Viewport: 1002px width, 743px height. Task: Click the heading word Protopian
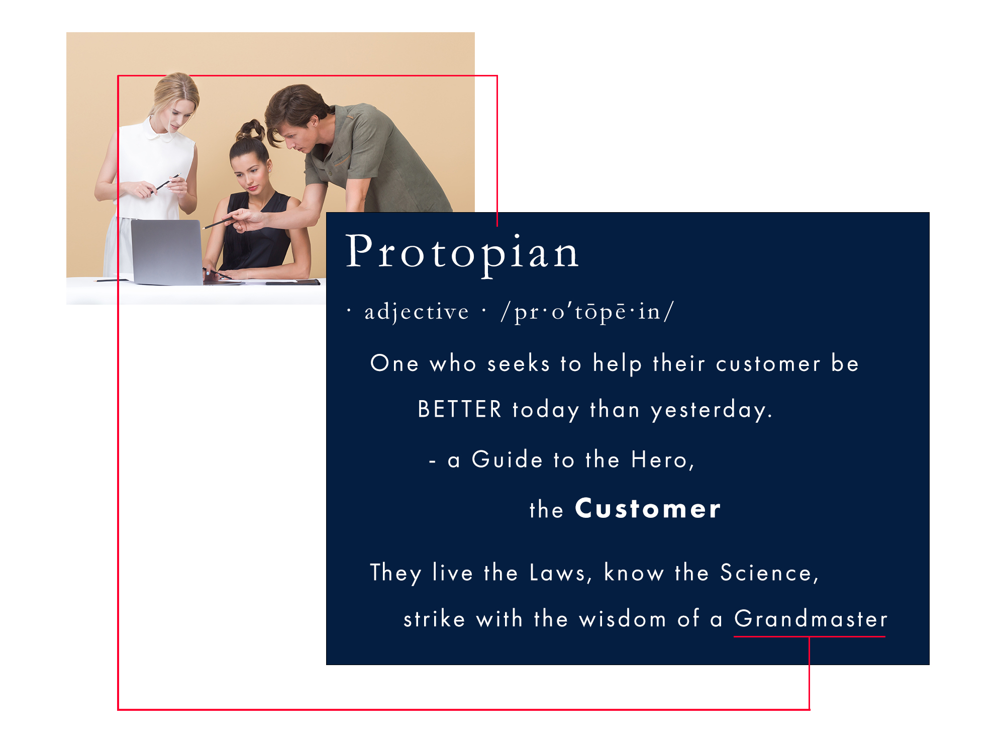pyautogui.click(x=462, y=253)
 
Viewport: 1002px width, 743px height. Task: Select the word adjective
pyautogui.click(x=417, y=312)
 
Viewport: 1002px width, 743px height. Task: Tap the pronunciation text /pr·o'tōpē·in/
pyautogui.click(x=587, y=312)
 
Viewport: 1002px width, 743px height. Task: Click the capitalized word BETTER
pyautogui.click(x=459, y=409)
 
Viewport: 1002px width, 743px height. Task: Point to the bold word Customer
pyautogui.click(x=648, y=509)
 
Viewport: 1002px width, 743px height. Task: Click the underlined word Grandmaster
pyautogui.click(x=811, y=619)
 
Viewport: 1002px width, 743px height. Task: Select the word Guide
pyautogui.click(x=507, y=460)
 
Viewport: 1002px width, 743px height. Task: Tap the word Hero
pyautogui.click(x=660, y=460)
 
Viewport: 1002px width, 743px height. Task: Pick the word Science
pyautogui.click(x=766, y=573)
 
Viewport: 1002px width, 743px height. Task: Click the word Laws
pyautogui.click(x=557, y=573)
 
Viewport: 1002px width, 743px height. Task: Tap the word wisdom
pyautogui.click(x=622, y=619)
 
